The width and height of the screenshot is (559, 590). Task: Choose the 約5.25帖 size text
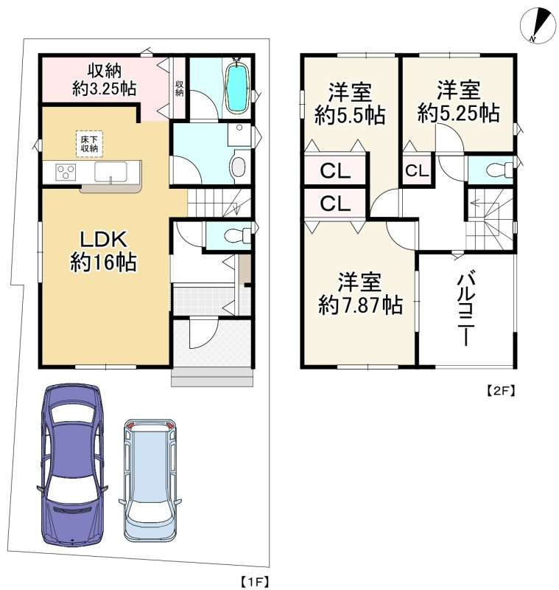point(458,112)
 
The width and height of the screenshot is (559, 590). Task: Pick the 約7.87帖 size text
point(360,304)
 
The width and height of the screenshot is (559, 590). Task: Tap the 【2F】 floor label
point(499,392)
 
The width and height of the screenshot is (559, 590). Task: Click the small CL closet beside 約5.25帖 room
point(415,171)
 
